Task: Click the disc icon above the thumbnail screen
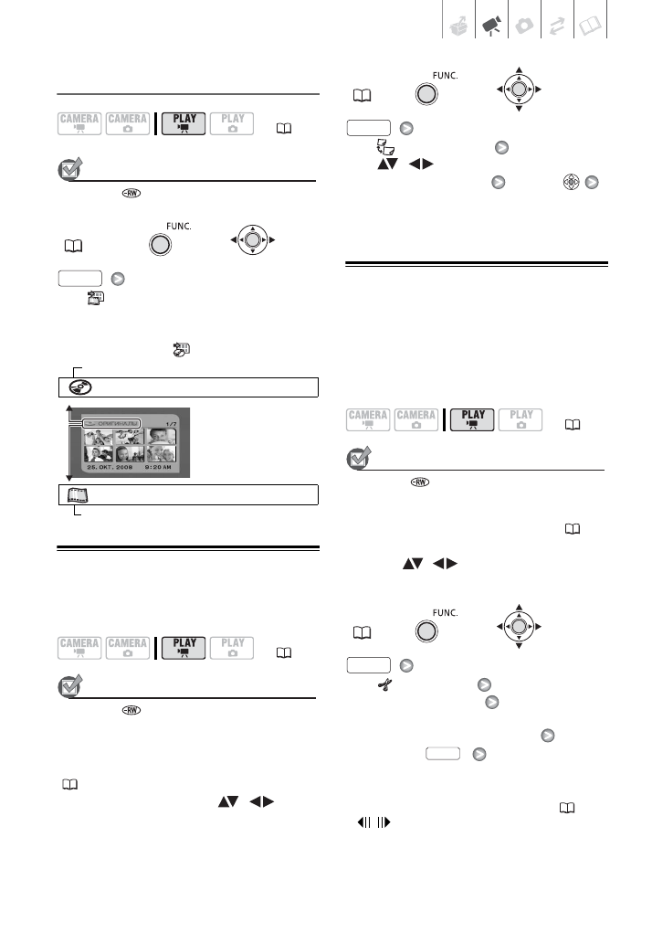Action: (78, 386)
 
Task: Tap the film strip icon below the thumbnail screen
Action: (78, 494)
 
